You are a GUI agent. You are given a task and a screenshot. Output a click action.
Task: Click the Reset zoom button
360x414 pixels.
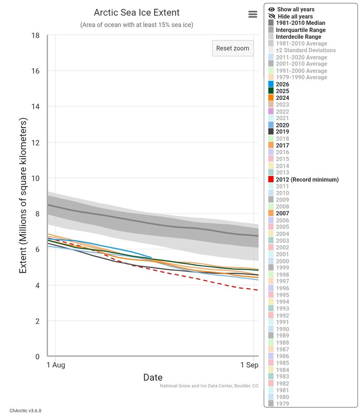(x=233, y=48)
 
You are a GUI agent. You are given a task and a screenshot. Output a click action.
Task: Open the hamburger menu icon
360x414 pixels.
(x=252, y=14)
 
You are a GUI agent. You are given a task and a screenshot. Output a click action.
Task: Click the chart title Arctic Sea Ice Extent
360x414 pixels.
(x=137, y=12)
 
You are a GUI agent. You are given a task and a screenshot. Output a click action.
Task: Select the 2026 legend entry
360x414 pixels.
(x=279, y=84)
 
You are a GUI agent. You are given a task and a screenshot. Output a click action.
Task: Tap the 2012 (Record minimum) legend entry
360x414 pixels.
(x=304, y=180)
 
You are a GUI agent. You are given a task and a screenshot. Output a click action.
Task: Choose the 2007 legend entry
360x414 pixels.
(x=279, y=213)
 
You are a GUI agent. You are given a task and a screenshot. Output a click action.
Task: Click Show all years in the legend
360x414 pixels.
(x=291, y=9)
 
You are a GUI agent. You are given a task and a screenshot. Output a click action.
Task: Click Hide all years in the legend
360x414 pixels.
(x=291, y=17)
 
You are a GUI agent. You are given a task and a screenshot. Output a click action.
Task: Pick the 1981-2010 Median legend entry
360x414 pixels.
(x=297, y=23)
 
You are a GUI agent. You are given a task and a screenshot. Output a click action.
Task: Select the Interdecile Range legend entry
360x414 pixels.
(x=295, y=37)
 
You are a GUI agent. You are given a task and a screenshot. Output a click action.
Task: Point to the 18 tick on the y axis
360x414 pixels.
(x=35, y=35)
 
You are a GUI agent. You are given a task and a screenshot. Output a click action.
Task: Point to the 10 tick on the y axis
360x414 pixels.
(x=35, y=178)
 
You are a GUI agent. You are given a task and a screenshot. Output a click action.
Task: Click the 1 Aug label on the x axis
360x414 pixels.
(x=56, y=365)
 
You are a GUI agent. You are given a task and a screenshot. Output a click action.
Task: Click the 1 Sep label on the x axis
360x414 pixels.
(x=249, y=365)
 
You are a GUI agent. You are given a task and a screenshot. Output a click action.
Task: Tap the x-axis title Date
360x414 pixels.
(x=153, y=377)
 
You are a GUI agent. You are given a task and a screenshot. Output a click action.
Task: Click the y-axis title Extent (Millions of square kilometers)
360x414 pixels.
(x=23, y=196)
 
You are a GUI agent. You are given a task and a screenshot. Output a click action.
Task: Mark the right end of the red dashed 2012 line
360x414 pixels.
(x=258, y=290)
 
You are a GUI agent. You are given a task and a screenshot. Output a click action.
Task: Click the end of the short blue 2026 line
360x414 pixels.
(x=152, y=257)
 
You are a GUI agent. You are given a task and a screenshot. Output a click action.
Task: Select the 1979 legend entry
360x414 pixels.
(x=279, y=404)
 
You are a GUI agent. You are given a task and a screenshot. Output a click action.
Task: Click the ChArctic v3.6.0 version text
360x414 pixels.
(x=25, y=410)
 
